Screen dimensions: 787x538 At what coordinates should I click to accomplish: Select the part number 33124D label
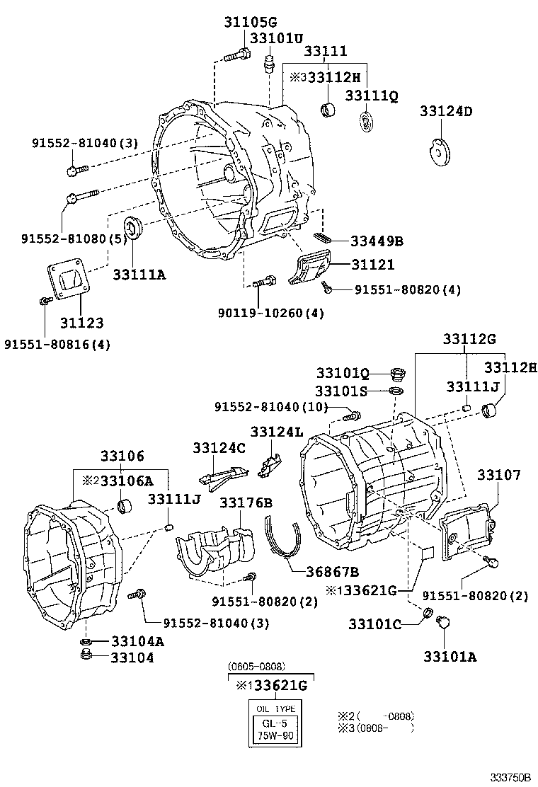tap(446, 111)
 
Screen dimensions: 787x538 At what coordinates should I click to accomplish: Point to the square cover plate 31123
tap(71, 283)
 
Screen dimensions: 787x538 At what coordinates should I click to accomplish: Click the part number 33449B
tap(377, 241)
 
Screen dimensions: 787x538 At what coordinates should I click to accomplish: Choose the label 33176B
tap(246, 502)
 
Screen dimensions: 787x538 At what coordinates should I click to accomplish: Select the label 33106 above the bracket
tap(122, 456)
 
